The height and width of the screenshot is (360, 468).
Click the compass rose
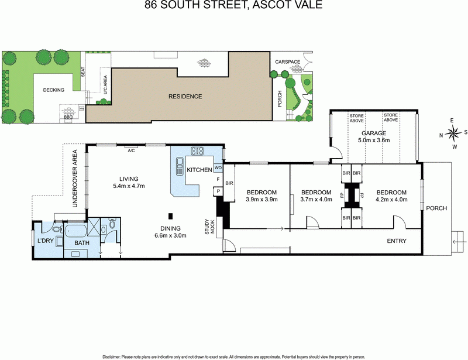452,133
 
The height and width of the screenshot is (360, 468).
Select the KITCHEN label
199,170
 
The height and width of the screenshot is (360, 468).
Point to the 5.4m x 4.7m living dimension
129,186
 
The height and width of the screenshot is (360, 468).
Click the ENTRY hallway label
397,241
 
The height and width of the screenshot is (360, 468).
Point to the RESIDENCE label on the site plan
185,97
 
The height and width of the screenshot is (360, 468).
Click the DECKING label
53,90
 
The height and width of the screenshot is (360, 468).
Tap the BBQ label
68,117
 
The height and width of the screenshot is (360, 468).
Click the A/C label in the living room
132,150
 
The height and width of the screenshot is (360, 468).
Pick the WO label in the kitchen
217,167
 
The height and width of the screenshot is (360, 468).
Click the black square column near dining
171,215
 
